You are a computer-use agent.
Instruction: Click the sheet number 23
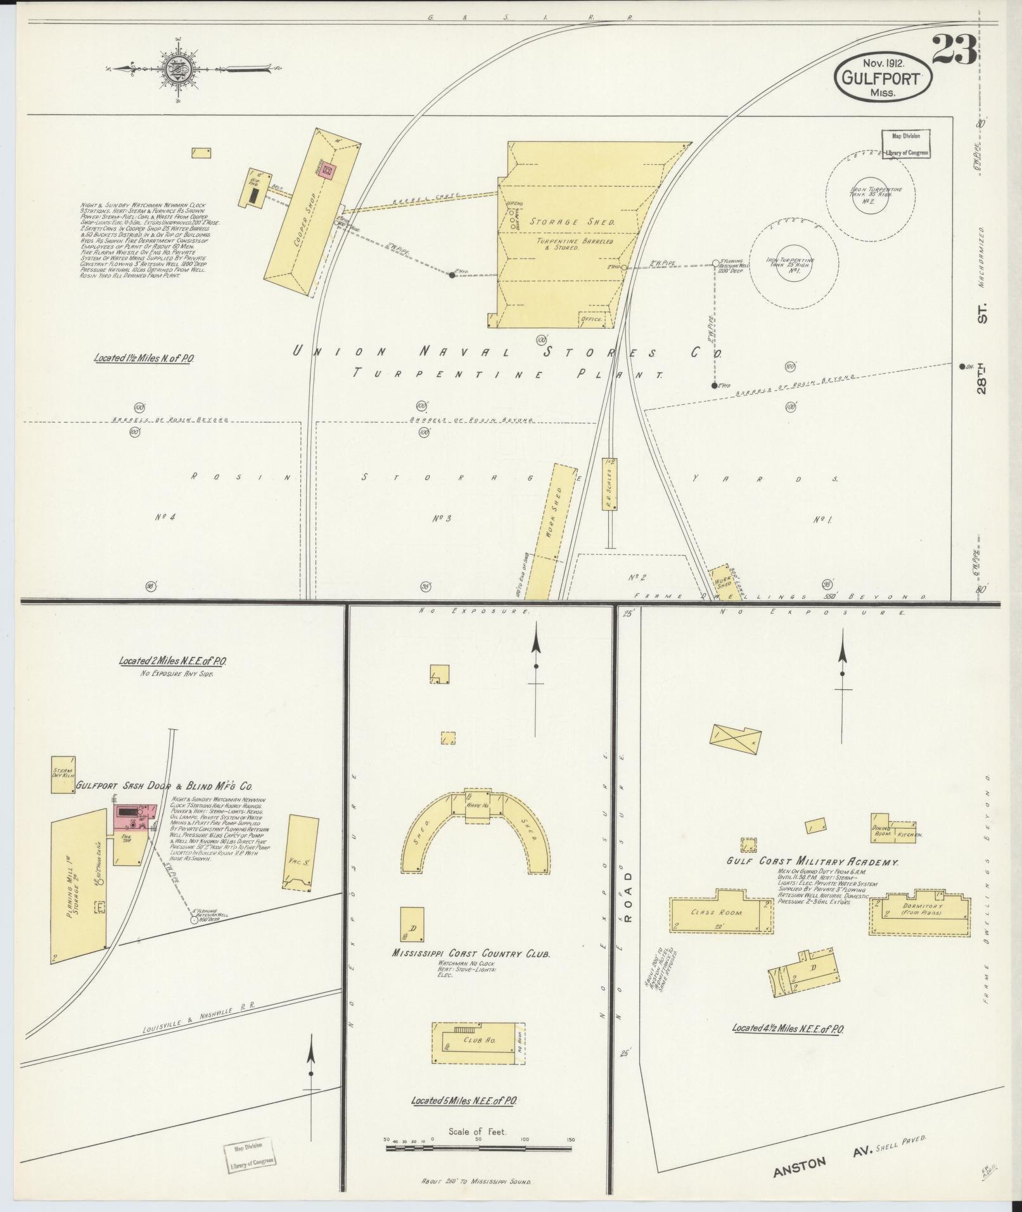click(x=954, y=51)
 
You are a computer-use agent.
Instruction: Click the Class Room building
click(x=721, y=913)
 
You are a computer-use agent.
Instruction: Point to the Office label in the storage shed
click(x=593, y=319)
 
